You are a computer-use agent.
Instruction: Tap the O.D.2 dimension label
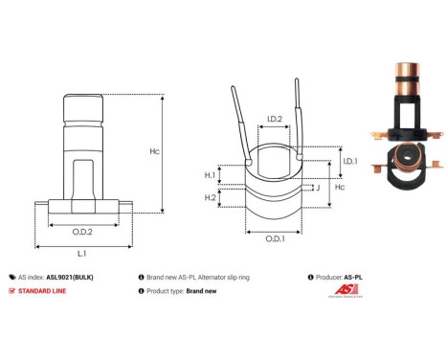point(81,231)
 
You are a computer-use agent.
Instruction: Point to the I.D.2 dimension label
point(275,120)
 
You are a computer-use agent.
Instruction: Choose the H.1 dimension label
point(211,175)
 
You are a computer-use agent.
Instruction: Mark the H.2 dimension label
point(211,197)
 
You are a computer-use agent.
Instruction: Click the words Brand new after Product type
point(204,290)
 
